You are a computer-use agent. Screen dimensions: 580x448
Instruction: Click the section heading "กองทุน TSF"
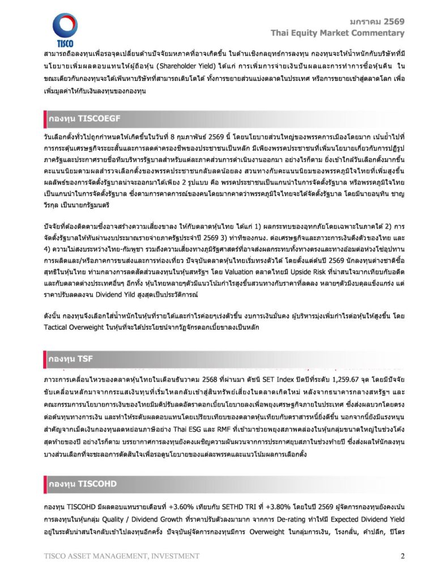point(70,359)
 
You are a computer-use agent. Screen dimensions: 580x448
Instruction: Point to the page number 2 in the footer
point(402,556)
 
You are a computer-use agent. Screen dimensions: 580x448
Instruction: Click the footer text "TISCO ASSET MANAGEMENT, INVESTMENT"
point(113,556)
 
